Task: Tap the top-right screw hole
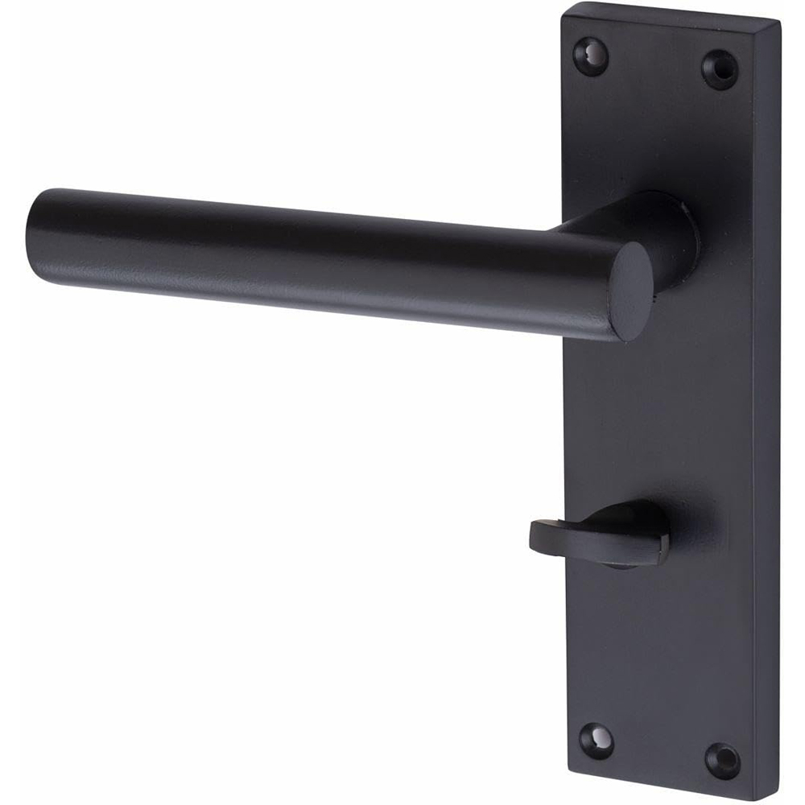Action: tap(720, 69)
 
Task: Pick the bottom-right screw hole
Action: tap(722, 761)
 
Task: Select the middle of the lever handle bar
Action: tap(322, 258)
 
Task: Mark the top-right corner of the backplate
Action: tap(779, 23)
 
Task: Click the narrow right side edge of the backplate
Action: tap(768, 402)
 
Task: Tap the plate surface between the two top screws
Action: tap(654, 64)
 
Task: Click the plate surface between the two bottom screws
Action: tap(660, 749)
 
